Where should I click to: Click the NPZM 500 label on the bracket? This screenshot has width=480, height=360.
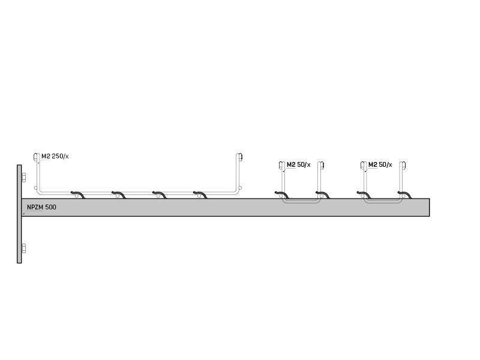pyautogui.click(x=41, y=207)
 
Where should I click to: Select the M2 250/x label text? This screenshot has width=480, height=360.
pyautogui.click(x=55, y=156)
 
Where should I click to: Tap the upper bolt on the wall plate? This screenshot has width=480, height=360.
pyautogui.click(x=23, y=178)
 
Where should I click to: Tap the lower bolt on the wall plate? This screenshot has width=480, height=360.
pyautogui.click(x=23, y=248)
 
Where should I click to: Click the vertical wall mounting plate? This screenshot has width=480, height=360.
pyautogui.click(x=19, y=214)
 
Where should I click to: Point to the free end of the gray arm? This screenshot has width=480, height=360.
pyautogui.click(x=429, y=207)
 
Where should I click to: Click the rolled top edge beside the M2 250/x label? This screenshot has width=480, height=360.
pyautogui.click(x=36, y=157)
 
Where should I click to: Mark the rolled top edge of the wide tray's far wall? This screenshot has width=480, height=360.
pyautogui.click(x=239, y=157)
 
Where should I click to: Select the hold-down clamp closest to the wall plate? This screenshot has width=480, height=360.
pyautogui.click(x=78, y=194)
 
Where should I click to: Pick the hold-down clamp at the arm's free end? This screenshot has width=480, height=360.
pyautogui.click(x=404, y=194)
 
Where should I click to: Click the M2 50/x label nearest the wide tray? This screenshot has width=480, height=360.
pyautogui.click(x=298, y=164)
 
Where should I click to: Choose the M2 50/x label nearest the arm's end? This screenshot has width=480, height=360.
pyautogui.click(x=380, y=164)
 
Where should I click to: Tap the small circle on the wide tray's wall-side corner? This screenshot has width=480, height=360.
pyautogui.click(x=35, y=188)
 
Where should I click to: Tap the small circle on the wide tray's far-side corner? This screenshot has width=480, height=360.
pyautogui.click(x=240, y=188)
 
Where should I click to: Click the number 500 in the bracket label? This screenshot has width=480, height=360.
pyautogui.click(x=51, y=207)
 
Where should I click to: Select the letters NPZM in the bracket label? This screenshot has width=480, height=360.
pyautogui.click(x=35, y=207)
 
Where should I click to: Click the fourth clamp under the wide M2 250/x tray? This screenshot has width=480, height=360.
pyautogui.click(x=200, y=194)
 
